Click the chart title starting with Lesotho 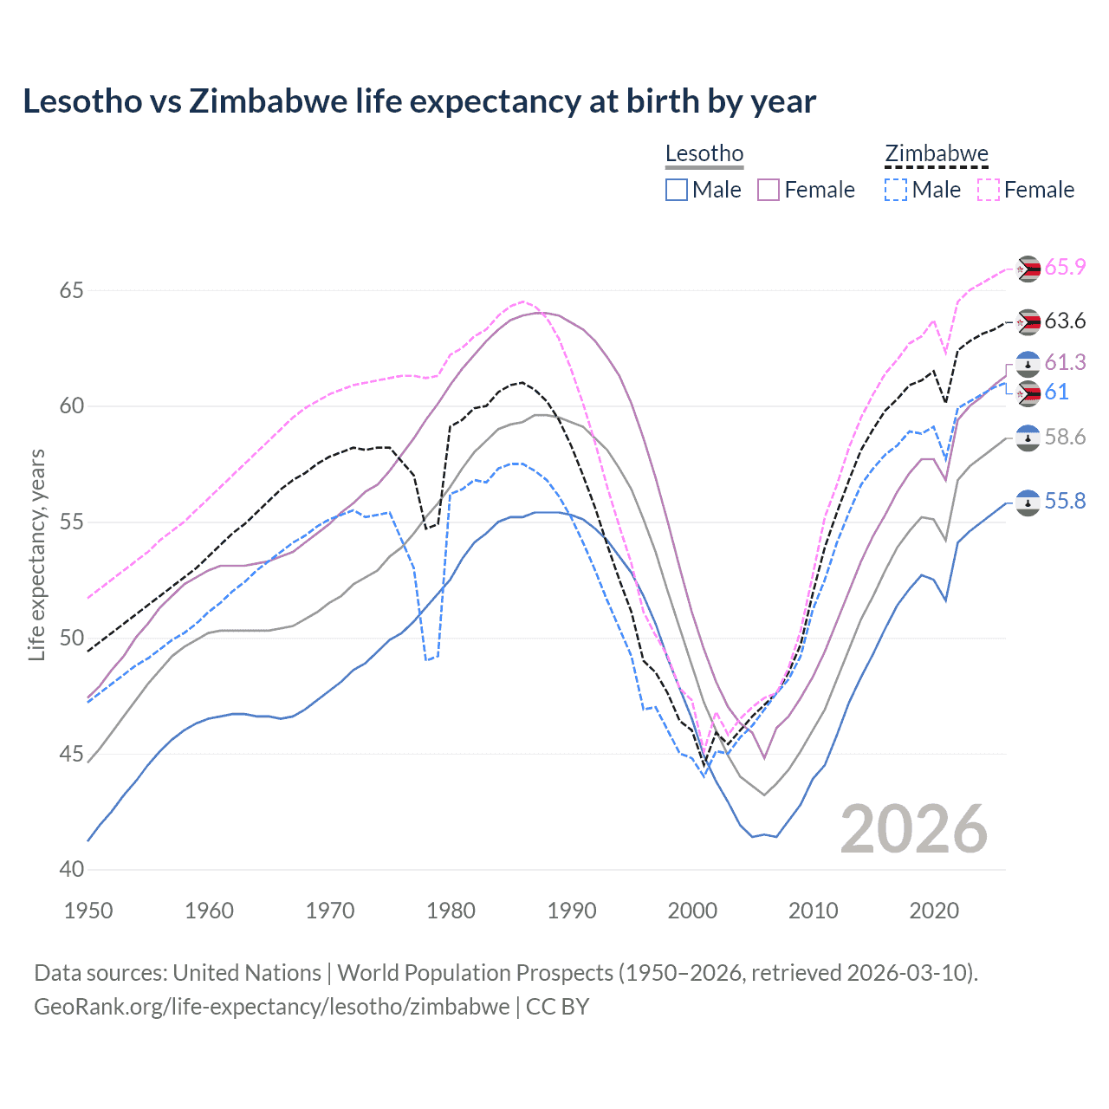click(x=419, y=101)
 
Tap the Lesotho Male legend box click(x=677, y=190)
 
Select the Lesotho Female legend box click(x=769, y=190)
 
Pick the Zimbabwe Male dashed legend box click(x=896, y=190)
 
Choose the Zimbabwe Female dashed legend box click(x=989, y=190)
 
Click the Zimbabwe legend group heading click(x=936, y=154)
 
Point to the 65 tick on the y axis click(x=72, y=290)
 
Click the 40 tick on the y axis click(x=72, y=869)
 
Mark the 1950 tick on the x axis click(x=88, y=911)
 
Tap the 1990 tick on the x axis click(x=572, y=911)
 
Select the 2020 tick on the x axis click(x=934, y=911)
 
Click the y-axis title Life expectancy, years click(x=36, y=554)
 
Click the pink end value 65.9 click(x=1065, y=267)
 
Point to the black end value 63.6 click(x=1065, y=321)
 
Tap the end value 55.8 click(x=1065, y=502)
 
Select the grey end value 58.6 click(x=1065, y=438)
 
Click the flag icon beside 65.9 click(x=1028, y=269)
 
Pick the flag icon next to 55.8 click(x=1028, y=503)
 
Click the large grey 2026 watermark click(x=914, y=829)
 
